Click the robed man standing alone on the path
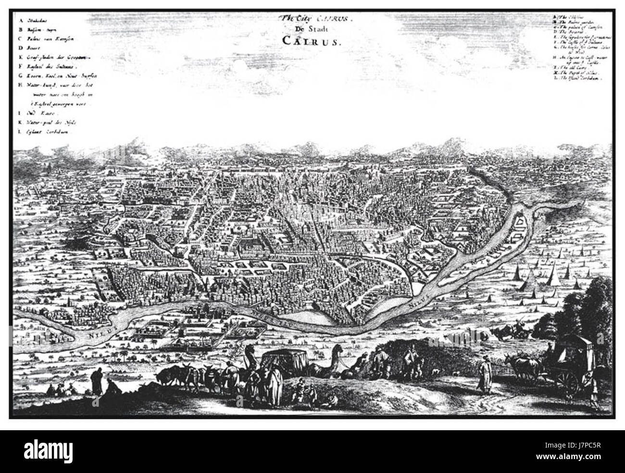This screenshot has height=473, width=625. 483,375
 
